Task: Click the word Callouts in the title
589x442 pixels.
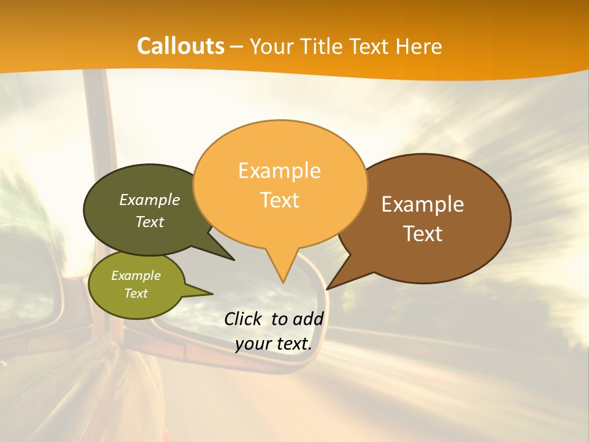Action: point(180,46)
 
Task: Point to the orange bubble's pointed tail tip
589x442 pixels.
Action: point(283,282)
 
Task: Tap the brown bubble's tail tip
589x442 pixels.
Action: point(328,289)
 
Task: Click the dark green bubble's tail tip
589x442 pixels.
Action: point(234,260)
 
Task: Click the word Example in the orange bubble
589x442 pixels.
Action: point(279,171)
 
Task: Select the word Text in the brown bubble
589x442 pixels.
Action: point(423,234)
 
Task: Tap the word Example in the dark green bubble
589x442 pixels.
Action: point(150,200)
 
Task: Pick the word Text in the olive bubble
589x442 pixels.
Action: point(136,293)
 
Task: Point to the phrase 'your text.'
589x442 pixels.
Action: point(274,344)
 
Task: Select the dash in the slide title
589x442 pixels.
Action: point(237,47)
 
